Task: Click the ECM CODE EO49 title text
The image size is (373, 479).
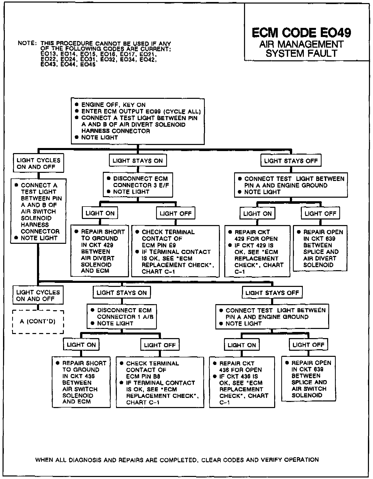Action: pos(301,33)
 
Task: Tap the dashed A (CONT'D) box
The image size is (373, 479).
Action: pos(38,322)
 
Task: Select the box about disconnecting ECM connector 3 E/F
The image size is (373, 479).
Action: pos(138,185)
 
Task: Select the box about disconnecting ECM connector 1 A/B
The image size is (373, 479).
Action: pos(122,317)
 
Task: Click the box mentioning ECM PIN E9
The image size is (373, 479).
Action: pos(175,251)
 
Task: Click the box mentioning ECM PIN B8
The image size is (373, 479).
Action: pos(160,382)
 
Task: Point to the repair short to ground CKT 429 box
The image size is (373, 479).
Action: pos(100,251)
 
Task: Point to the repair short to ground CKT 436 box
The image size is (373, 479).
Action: pos(81,382)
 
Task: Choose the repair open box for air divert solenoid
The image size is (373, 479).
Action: pos(320,248)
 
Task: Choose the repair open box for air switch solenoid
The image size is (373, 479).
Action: pos(308,379)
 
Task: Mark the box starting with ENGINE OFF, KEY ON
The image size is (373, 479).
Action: pos(138,121)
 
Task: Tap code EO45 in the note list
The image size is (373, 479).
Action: pos(88,64)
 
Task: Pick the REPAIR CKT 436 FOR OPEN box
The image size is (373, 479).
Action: pos(242,382)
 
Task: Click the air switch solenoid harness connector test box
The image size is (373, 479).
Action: pos(38,211)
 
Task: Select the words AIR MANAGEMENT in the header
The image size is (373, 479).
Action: pos(301,44)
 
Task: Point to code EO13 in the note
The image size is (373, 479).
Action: pos(48,54)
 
